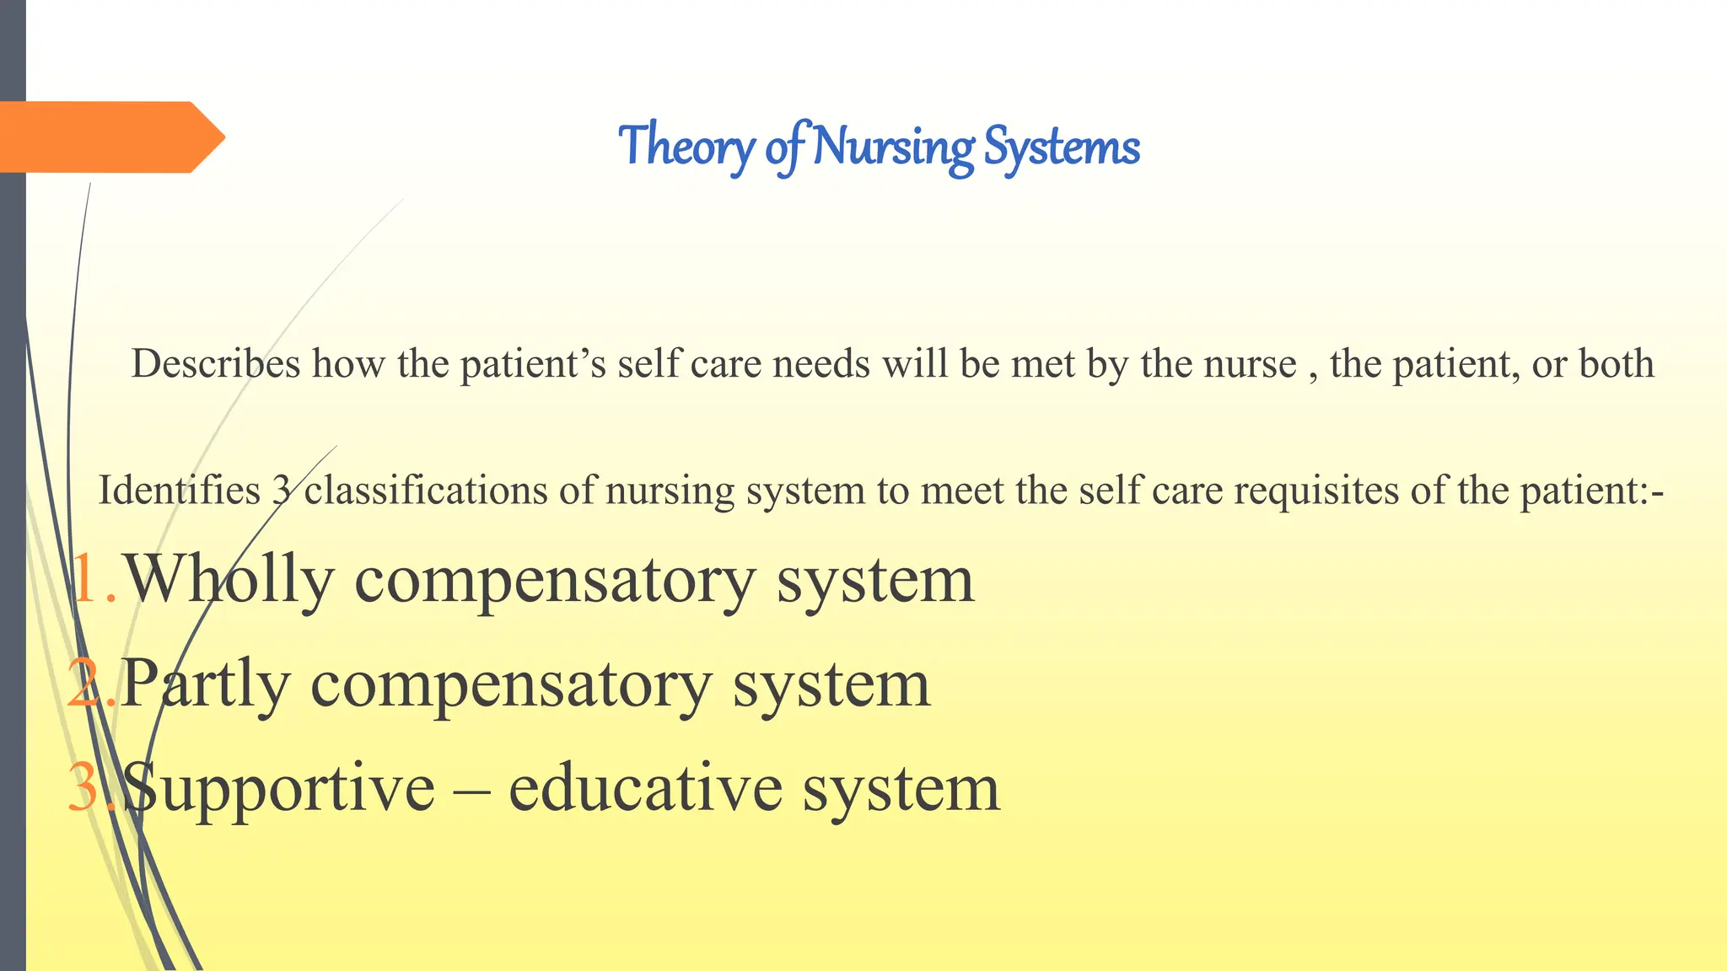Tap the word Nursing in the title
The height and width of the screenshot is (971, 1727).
(894, 147)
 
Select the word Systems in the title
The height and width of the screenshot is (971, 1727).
(1062, 147)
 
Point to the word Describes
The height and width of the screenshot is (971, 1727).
(216, 364)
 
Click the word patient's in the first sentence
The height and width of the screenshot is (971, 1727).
(533, 364)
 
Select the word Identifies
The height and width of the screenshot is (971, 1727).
(180, 491)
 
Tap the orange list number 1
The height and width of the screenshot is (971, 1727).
(87, 580)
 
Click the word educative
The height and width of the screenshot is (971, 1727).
(645, 787)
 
